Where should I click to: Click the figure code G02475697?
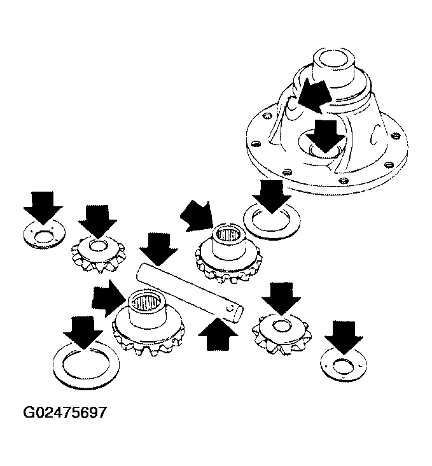click(x=65, y=413)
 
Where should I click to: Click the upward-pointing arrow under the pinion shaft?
click(x=218, y=334)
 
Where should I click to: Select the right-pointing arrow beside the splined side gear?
click(x=109, y=299)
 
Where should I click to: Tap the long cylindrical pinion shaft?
click(x=190, y=293)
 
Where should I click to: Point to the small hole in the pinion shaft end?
click(x=229, y=309)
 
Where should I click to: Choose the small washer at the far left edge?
click(x=45, y=235)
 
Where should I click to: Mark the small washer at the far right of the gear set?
click(x=344, y=365)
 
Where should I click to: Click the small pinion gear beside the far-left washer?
click(x=99, y=253)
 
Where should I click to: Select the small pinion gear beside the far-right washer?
click(x=281, y=334)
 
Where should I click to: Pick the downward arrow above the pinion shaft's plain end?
click(x=158, y=249)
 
